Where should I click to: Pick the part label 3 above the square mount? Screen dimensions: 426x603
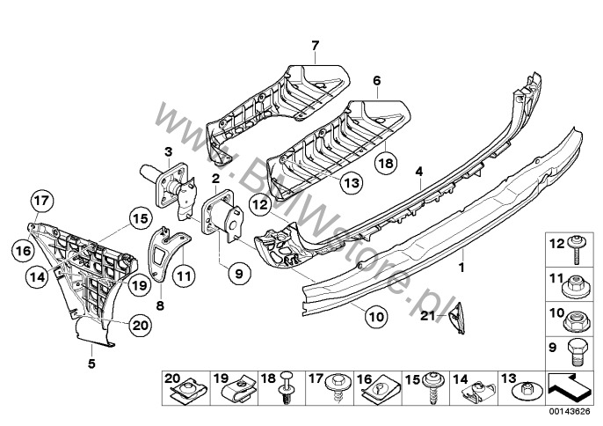[x=166, y=151]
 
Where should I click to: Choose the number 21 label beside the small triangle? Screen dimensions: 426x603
[x=428, y=315]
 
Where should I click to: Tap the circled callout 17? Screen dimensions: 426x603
[x=40, y=202]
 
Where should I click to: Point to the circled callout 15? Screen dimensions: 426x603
[x=139, y=217]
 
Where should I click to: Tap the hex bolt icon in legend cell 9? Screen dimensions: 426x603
[x=576, y=349]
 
